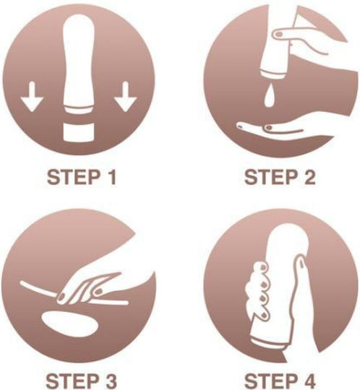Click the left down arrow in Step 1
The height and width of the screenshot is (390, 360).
point(32,96)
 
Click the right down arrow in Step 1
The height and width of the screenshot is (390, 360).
point(126,96)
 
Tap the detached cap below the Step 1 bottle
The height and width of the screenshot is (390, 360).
point(79,131)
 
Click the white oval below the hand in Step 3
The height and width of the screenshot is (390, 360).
point(69,324)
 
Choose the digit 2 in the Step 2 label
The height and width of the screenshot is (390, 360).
point(309,177)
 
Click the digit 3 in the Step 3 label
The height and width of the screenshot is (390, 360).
point(110,381)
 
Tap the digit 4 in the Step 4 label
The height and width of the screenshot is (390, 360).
point(309,381)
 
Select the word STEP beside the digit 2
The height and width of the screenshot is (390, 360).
point(271,177)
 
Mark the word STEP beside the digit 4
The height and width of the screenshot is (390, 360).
point(271,381)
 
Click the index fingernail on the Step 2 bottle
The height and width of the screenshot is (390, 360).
point(278,33)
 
